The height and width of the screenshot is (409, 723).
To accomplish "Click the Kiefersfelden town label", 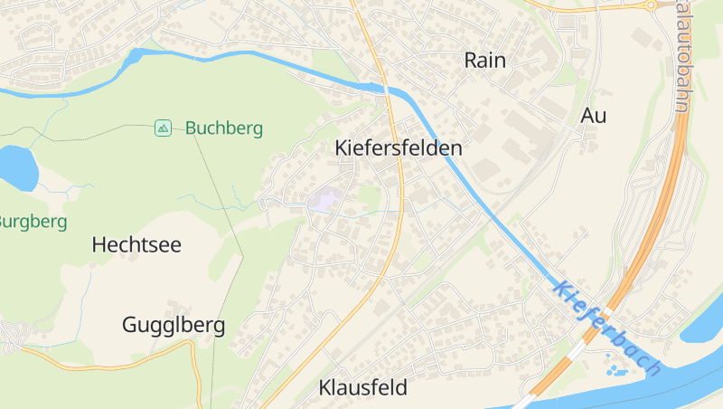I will tap(398, 147).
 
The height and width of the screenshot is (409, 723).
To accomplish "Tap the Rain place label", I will tap(484, 61).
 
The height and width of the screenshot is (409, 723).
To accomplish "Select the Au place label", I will tap(594, 116).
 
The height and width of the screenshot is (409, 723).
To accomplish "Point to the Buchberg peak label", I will tap(224, 128).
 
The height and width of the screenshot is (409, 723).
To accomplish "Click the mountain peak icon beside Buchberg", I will tap(163, 128).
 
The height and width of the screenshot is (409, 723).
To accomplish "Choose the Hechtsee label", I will tap(136, 244).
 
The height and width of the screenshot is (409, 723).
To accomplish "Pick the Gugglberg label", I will tap(174, 326).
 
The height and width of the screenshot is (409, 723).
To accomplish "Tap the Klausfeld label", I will tap(363, 387).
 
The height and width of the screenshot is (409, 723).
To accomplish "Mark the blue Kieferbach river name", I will tap(606, 328).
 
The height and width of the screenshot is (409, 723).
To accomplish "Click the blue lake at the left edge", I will tap(16, 166).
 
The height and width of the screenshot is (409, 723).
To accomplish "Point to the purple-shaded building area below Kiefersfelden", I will tap(324, 199).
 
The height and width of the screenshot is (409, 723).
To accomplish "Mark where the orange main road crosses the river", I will tap(387, 89).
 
